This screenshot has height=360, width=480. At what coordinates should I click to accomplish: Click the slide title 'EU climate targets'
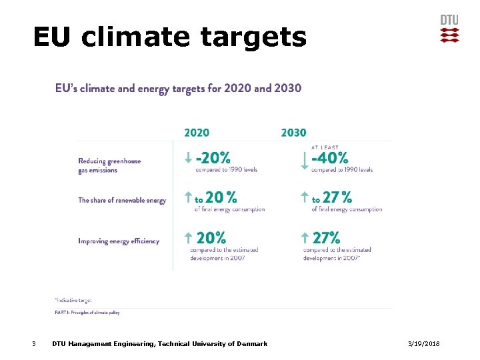[x=169, y=37]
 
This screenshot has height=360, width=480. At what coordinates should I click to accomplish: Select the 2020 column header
[x=197, y=133]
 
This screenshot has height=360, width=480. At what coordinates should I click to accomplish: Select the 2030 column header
[x=293, y=133]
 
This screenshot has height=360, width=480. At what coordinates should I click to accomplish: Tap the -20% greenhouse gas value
[x=213, y=158]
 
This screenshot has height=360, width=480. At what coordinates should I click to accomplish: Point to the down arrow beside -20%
[x=189, y=159]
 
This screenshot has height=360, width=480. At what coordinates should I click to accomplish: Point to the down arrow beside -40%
[x=305, y=160]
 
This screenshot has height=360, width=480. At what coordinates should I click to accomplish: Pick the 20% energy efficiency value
[x=211, y=237]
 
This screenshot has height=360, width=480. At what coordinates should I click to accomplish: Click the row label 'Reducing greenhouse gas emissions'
[x=109, y=165]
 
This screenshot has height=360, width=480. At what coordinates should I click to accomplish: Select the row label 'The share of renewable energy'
[x=122, y=200]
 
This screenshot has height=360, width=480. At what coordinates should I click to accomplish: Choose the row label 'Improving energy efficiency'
[x=119, y=241]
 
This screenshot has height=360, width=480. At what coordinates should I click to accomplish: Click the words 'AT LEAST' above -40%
[x=325, y=147]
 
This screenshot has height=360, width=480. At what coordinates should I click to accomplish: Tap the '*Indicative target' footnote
[x=73, y=299]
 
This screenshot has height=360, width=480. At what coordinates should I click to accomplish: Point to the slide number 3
[x=35, y=343]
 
